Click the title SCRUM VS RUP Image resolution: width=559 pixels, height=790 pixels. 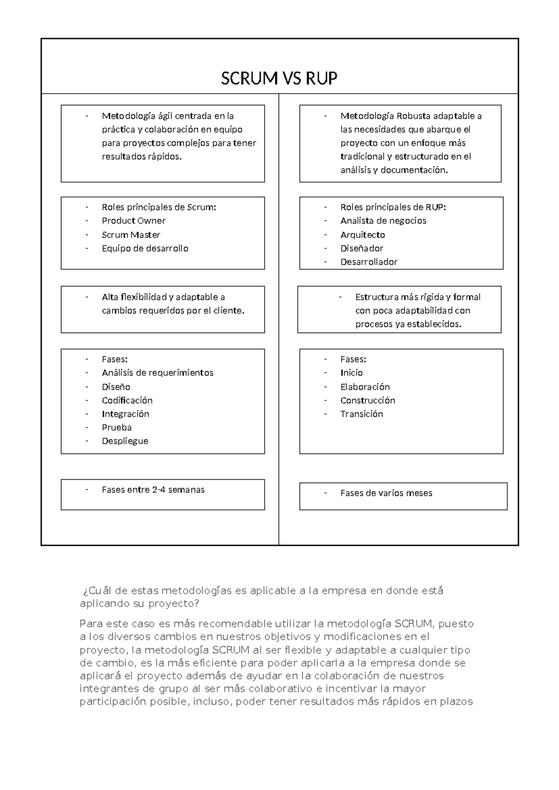click(279, 78)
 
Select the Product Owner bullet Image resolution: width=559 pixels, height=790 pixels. click(133, 221)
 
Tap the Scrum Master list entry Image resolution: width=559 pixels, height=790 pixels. click(131, 235)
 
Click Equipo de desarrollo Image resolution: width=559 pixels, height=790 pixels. click(145, 248)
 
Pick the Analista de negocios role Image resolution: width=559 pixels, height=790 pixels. click(383, 221)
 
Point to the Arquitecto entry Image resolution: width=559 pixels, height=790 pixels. click(362, 235)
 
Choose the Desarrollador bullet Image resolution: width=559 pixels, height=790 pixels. click(368, 262)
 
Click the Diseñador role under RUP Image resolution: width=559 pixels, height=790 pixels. click(361, 248)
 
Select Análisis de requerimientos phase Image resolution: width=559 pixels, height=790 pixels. click(157, 373)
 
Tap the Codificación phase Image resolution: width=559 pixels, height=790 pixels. click(127, 400)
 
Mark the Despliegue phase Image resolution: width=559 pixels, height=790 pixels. click(125, 441)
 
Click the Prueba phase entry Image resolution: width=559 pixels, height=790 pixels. click(116, 428)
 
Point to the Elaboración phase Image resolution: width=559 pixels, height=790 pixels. click(365, 387)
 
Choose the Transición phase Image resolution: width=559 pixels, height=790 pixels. click(361, 414)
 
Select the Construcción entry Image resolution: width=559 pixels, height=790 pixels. click(368, 400)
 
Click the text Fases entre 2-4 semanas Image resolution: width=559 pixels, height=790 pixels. click(153, 490)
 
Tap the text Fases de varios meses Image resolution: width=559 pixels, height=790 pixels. click(386, 493)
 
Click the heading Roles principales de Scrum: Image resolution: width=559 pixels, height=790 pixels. click(159, 207)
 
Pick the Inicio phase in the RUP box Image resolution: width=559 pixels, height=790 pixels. click(351, 373)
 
